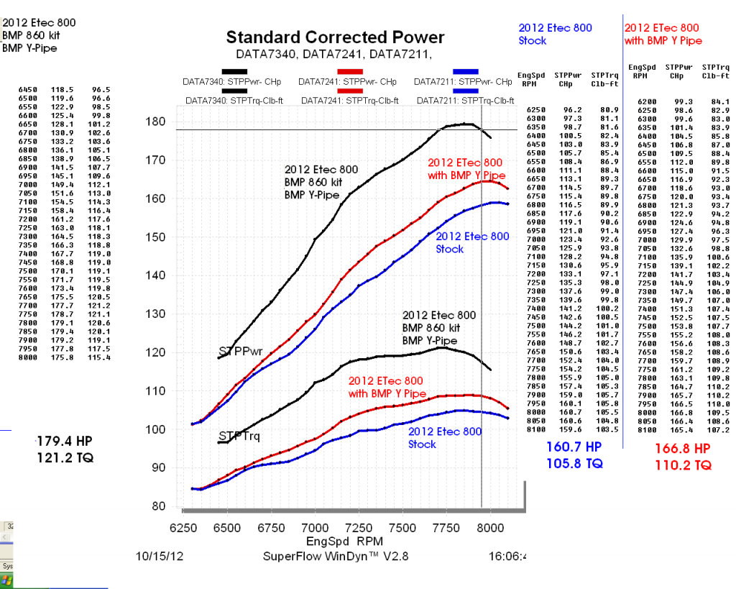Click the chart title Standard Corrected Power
(x=335, y=37)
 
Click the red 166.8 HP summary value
(x=682, y=448)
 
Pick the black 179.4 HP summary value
(x=64, y=441)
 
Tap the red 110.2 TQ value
(x=682, y=465)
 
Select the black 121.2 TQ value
(x=65, y=457)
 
